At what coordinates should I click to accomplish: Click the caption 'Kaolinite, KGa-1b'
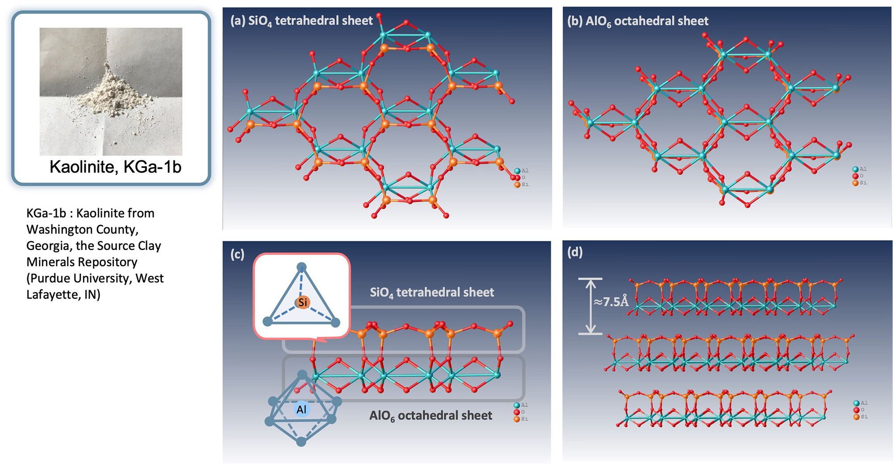click(115, 167)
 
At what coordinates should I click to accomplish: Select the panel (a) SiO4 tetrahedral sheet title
click(301, 21)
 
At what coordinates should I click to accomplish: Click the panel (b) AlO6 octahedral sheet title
click(638, 21)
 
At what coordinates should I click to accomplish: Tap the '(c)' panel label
click(237, 255)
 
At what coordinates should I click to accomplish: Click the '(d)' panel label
click(575, 252)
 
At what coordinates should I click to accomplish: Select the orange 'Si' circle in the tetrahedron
click(303, 302)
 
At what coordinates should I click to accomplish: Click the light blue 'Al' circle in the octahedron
click(302, 409)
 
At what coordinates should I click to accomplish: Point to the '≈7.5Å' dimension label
click(611, 302)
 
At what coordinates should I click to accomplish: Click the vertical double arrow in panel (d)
click(590, 306)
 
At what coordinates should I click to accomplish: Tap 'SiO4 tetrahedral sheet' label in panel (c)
click(432, 293)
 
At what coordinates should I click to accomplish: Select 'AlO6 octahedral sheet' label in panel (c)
click(430, 416)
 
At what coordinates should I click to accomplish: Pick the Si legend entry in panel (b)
click(859, 183)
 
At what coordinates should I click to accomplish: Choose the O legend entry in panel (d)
click(859, 410)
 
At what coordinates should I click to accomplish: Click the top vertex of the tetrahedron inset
click(302, 267)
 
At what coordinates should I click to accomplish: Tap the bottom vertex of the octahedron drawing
click(301, 442)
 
